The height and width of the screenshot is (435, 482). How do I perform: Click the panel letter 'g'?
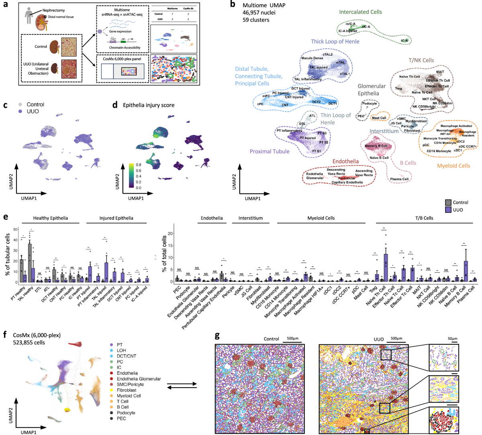(x=217, y=335)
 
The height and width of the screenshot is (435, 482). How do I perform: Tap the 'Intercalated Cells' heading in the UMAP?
(x=360, y=12)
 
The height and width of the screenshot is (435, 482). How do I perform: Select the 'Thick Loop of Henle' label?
(x=335, y=41)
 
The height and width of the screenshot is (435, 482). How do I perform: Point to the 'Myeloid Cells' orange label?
(x=453, y=165)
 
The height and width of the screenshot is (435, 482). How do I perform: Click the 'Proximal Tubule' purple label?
(x=270, y=151)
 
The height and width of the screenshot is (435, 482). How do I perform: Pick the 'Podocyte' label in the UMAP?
(x=370, y=104)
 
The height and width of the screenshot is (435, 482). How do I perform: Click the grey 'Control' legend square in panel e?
(x=448, y=202)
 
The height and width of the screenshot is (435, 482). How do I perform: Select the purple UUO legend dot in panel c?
(x=20, y=111)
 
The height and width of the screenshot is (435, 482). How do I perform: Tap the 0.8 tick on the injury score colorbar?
(x=138, y=165)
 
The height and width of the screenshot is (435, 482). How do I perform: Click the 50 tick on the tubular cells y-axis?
(x=15, y=229)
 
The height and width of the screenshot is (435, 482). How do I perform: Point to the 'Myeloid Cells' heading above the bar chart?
(x=321, y=218)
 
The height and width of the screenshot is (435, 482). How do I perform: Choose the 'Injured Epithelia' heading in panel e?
(x=116, y=218)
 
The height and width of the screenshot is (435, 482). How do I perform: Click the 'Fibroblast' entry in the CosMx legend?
(x=126, y=390)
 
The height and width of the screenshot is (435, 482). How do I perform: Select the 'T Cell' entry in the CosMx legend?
(x=122, y=401)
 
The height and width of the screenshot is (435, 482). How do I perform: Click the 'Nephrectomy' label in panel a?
(x=53, y=10)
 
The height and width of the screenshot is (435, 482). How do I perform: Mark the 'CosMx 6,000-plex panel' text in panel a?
(x=122, y=59)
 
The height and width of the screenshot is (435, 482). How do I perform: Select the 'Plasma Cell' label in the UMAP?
(x=399, y=179)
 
